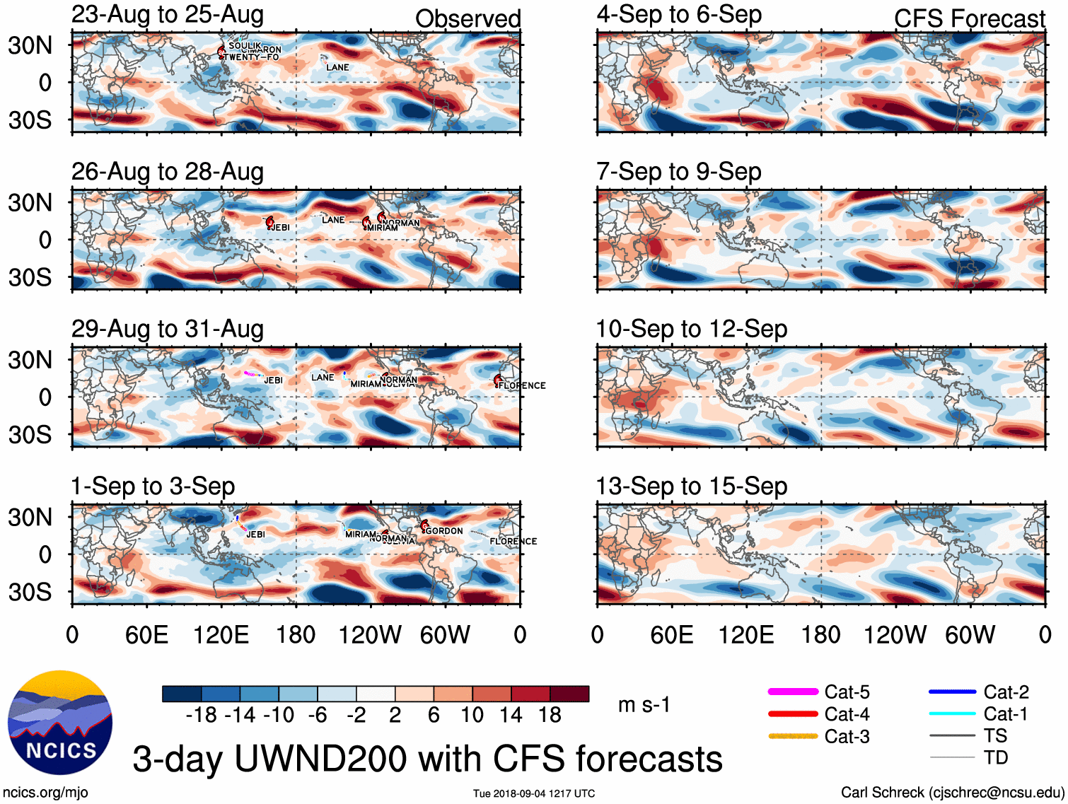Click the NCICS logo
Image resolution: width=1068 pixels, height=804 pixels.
(x=60, y=722)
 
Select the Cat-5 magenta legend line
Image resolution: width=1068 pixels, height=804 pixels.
(x=793, y=692)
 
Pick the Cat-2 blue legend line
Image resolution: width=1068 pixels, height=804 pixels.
(x=952, y=692)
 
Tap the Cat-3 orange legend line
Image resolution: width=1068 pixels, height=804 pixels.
(x=793, y=736)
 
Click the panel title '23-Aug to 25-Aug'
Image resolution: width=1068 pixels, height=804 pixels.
(x=168, y=15)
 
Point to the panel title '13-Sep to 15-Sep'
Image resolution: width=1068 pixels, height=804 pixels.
(x=692, y=487)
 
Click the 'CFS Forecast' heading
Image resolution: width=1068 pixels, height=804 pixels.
(x=969, y=19)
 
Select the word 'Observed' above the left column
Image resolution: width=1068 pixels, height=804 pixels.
(x=468, y=19)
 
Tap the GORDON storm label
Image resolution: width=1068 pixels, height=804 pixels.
(x=444, y=531)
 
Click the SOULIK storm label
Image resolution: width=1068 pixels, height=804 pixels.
(x=245, y=45)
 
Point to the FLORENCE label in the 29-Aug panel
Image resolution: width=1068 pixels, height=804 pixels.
(x=522, y=385)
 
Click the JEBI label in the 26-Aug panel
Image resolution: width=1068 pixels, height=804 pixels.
(x=280, y=228)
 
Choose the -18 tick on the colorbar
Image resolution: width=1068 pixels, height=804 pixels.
(x=202, y=716)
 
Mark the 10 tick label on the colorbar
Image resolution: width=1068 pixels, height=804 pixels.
(x=472, y=716)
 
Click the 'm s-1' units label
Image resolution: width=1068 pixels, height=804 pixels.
(x=644, y=705)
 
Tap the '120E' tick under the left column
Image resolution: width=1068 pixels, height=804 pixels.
(x=221, y=635)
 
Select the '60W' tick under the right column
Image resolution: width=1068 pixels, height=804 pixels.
(x=970, y=635)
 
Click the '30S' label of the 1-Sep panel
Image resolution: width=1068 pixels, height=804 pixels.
(x=30, y=592)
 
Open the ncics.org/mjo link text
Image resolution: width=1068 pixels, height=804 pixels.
(x=45, y=793)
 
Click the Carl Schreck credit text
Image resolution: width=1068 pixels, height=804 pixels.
(x=952, y=793)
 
